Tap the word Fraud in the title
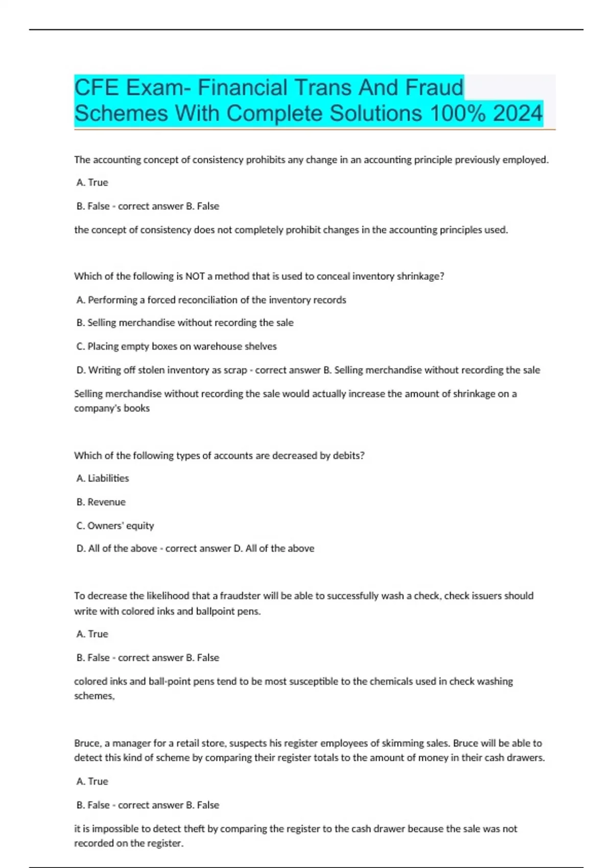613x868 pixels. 434,87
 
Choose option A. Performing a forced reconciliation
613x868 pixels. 211,300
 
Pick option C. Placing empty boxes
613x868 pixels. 176,346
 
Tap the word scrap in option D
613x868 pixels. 235,370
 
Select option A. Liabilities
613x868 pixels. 103,478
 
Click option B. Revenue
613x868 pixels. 101,502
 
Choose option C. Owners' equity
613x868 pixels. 115,525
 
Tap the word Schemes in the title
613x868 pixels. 121,113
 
